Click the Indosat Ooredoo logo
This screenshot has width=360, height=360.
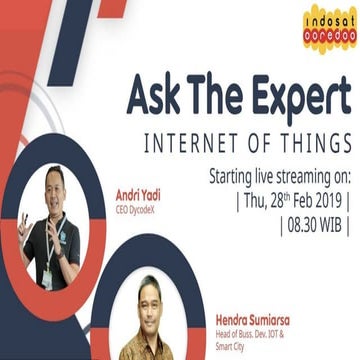point(328,28)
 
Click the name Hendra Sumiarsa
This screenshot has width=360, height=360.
point(259,320)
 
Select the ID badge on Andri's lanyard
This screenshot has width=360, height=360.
point(47,274)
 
